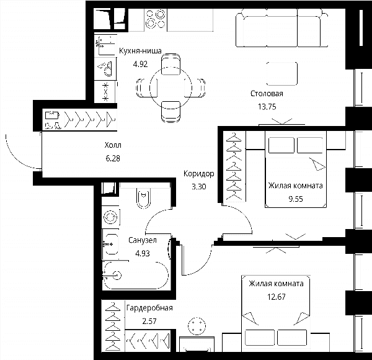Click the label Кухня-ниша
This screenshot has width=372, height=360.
tap(140, 51)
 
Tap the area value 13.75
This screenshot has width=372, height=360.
tap(267, 107)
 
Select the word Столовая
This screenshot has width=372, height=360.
tap(267, 94)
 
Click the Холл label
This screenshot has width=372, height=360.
tap(113, 145)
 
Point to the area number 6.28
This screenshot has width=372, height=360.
tap(113, 158)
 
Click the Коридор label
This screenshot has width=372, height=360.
tap(199, 174)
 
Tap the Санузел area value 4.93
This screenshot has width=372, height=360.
tap(143, 253)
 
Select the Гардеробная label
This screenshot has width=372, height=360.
tap(149, 308)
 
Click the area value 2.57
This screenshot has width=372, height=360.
tap(149, 322)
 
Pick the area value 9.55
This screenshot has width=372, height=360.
tap(296, 199)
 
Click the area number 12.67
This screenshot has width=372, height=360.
tap(277, 297)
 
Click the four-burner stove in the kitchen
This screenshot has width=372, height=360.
tap(156, 19)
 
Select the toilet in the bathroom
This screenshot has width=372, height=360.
tap(143, 198)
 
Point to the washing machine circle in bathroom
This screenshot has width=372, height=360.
tap(110, 217)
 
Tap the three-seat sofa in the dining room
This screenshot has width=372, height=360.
tap(282, 28)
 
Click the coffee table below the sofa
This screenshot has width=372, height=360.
tap(282, 74)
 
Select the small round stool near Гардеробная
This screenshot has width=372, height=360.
tap(197, 326)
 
